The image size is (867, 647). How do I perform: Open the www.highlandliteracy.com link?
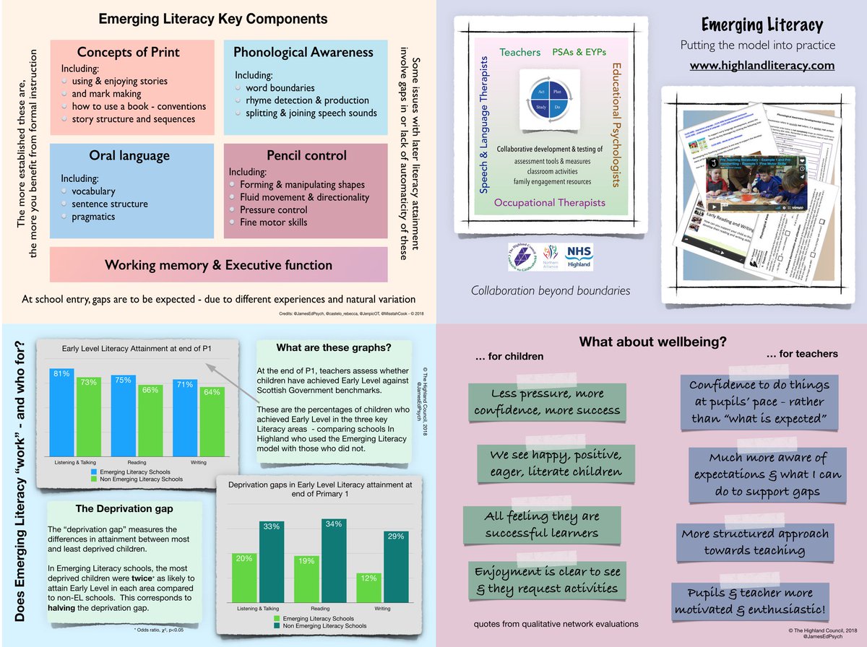[x=762, y=65]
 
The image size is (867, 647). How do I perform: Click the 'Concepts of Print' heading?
[x=128, y=53]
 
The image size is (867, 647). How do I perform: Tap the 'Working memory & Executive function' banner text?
[x=218, y=264]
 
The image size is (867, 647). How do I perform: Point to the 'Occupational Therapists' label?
[x=549, y=203]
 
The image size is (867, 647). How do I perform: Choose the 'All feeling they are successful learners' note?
[x=542, y=525]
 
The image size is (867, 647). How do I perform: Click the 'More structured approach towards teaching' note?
[x=754, y=542]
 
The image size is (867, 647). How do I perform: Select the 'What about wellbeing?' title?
[x=652, y=341]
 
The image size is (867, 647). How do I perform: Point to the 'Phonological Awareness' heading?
[x=303, y=53]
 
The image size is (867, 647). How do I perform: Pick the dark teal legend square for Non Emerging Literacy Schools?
[x=279, y=625]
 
